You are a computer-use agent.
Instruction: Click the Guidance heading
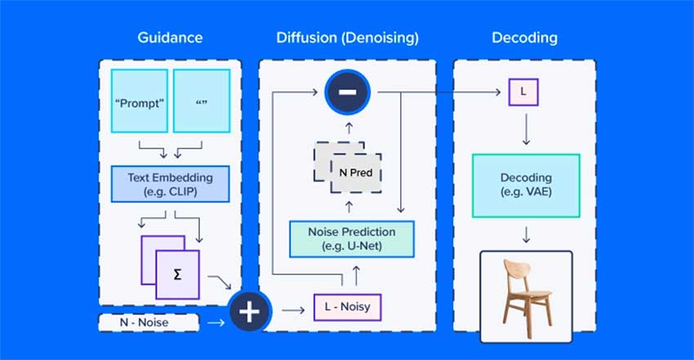[171, 38]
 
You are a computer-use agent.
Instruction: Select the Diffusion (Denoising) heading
[347, 38]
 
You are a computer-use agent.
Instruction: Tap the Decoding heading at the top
[524, 38]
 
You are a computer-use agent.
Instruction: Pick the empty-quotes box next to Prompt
[201, 102]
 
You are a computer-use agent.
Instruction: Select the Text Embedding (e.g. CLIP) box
[170, 184]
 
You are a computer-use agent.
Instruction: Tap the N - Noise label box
[149, 323]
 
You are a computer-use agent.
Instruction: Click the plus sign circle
[250, 313]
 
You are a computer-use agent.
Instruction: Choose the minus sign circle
[347, 92]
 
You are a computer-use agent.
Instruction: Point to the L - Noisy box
[347, 308]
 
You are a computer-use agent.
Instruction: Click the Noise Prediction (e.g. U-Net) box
[352, 238]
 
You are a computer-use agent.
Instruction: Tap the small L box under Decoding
[523, 92]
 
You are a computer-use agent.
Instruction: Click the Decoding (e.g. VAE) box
[526, 184]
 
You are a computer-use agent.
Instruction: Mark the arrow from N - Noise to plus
[215, 323]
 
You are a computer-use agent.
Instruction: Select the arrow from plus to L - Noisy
[290, 309]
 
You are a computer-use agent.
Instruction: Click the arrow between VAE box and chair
[527, 234]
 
